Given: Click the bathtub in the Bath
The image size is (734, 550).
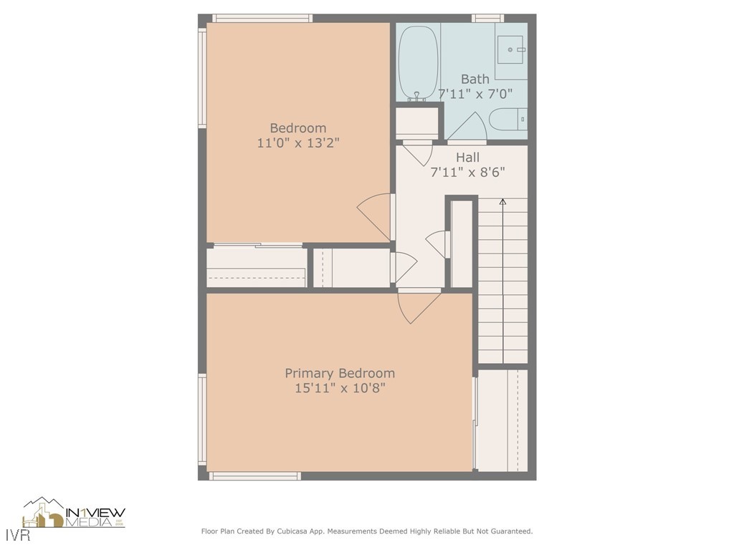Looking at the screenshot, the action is click(x=418, y=63).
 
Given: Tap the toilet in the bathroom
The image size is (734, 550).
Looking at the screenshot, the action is click(x=508, y=120).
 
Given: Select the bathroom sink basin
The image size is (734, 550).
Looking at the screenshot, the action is click(x=512, y=49).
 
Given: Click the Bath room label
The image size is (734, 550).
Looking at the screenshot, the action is click(x=475, y=79).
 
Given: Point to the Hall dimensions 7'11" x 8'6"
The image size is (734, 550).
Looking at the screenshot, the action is click(x=467, y=173).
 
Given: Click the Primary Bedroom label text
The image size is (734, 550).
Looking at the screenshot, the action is click(x=340, y=373).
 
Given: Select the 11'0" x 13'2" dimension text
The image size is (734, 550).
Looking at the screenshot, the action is click(x=297, y=143).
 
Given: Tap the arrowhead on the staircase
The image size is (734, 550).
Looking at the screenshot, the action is click(x=502, y=201).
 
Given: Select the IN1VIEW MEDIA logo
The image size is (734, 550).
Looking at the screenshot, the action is click(x=74, y=513).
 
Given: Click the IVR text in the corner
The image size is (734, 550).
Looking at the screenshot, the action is click(x=18, y=535).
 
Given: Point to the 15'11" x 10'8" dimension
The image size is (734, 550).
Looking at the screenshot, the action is click(x=340, y=388).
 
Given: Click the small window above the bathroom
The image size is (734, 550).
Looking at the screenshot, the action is click(x=487, y=18).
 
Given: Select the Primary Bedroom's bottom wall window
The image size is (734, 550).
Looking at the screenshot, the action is click(x=254, y=476).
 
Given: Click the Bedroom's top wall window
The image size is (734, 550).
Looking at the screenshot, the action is click(x=262, y=18).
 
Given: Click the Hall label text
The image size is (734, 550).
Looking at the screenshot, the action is click(x=467, y=158).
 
